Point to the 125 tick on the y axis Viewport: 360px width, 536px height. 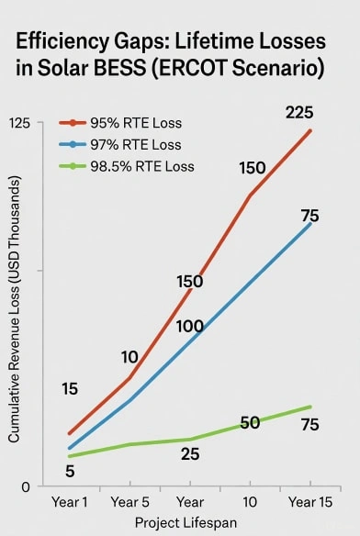(x=20, y=123)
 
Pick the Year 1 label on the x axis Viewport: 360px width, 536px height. (x=69, y=503)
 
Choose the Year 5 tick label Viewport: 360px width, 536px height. (x=129, y=503)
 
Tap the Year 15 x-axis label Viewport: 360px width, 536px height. (x=310, y=503)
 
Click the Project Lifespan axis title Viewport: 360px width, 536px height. (x=186, y=522)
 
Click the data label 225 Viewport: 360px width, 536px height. (x=299, y=113)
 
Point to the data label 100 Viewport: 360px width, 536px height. (x=189, y=326)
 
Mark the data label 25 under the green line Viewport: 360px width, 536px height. (x=190, y=454)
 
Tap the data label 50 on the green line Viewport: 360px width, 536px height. (x=250, y=423)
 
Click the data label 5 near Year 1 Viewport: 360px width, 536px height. (x=70, y=472)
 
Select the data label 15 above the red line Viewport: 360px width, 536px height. (x=70, y=389)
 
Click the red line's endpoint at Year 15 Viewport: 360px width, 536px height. (x=310, y=130)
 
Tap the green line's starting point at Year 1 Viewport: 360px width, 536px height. (x=70, y=456)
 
